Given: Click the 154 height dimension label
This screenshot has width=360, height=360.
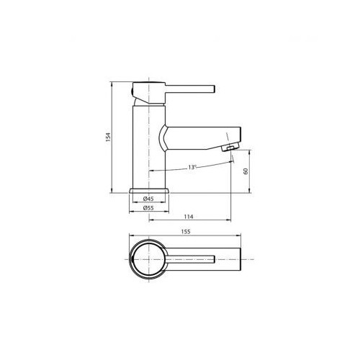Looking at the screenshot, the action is [109, 137].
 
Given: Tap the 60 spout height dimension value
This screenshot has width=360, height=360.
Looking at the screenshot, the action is [246, 171].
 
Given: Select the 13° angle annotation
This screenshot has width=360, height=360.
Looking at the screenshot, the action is [192, 167].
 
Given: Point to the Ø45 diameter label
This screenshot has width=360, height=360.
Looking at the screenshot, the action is [148, 199].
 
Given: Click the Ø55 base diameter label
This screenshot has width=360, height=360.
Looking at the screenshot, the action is [148, 208].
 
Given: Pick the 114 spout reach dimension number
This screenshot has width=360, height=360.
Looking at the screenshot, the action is [189, 217].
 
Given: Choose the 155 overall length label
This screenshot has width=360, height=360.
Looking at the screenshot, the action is [186, 232].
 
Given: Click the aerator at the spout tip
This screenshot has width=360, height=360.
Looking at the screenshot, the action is [230, 147].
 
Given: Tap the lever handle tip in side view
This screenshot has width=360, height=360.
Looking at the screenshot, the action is [214, 89].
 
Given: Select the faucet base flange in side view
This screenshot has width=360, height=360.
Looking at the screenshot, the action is [149, 191].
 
